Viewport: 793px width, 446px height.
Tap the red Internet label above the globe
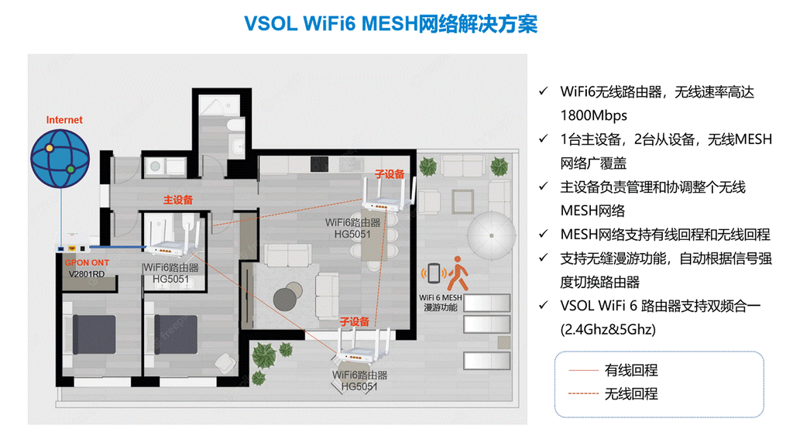pos(64,120)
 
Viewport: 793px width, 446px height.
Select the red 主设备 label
pos(177,199)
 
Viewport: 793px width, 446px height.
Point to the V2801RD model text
pos(87,274)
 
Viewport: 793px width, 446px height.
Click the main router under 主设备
pos(172,236)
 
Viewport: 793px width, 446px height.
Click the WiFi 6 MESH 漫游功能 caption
pos(441,302)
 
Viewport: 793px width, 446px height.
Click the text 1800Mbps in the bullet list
pos(593,115)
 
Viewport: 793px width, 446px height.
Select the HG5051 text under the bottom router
pos(359,386)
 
